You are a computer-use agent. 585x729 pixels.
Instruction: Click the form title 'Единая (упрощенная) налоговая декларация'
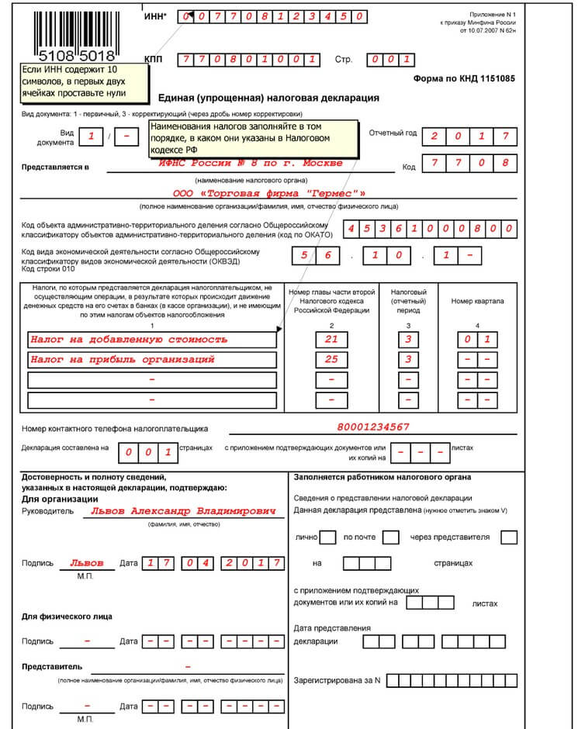coord(268,98)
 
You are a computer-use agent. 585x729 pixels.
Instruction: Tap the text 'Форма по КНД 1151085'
coord(464,78)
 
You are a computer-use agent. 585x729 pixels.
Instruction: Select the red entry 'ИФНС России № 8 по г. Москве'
coord(251,164)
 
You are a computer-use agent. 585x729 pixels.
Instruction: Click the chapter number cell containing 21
coord(331,340)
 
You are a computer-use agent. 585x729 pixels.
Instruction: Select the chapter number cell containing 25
coord(331,360)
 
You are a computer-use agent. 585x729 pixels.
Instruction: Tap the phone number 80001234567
coord(373,427)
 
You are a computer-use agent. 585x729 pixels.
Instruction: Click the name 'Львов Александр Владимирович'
coord(183,512)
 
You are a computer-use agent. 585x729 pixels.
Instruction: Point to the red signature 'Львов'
coord(86,564)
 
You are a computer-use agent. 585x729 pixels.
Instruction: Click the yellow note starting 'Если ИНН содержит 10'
coord(84,81)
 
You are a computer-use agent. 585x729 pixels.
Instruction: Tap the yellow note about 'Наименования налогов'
coord(252,138)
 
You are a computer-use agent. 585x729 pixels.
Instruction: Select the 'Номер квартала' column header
coord(477,301)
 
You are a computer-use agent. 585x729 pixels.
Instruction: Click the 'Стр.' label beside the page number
coord(343,60)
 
